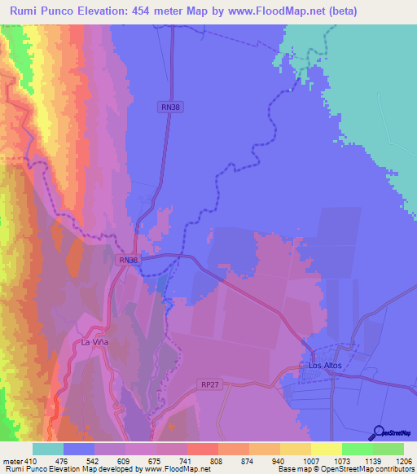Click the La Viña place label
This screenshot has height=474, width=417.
click(94, 343)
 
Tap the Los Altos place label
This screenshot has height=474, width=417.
click(325, 366)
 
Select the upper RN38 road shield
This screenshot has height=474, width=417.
click(169, 106)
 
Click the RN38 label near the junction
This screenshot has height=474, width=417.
click(129, 260)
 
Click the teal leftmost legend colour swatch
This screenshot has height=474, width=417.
click(47, 449)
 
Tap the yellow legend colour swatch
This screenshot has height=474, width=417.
click(326, 449)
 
